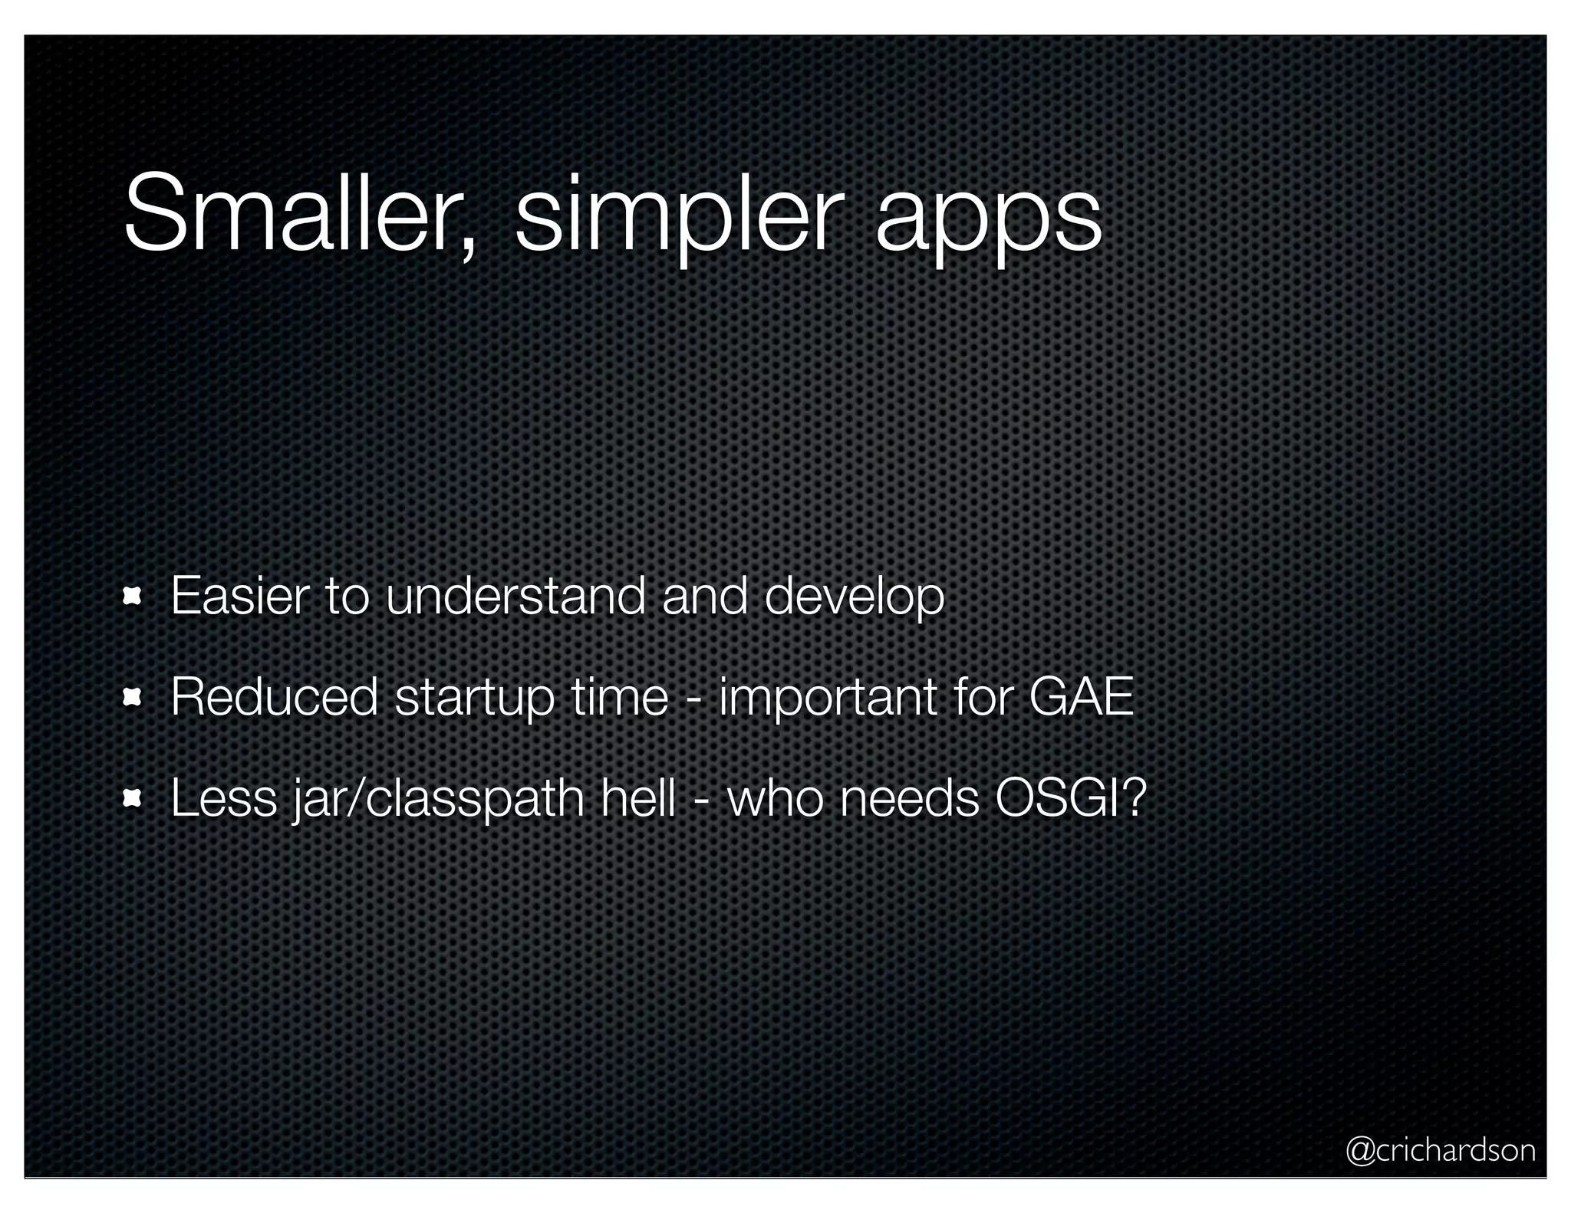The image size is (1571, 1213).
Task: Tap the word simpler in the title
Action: click(x=674, y=219)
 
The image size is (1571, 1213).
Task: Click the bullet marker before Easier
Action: click(x=133, y=596)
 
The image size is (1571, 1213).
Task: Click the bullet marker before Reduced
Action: click(x=133, y=696)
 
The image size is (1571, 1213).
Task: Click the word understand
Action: click(x=515, y=596)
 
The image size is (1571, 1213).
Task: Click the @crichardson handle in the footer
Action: click(x=1440, y=1150)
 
